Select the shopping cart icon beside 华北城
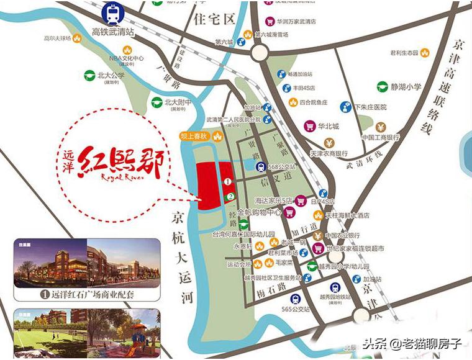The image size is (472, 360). [309, 126]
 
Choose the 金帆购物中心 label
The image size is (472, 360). [259, 212]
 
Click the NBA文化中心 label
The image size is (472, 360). [127, 58]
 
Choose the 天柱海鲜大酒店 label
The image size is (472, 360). [349, 215]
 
